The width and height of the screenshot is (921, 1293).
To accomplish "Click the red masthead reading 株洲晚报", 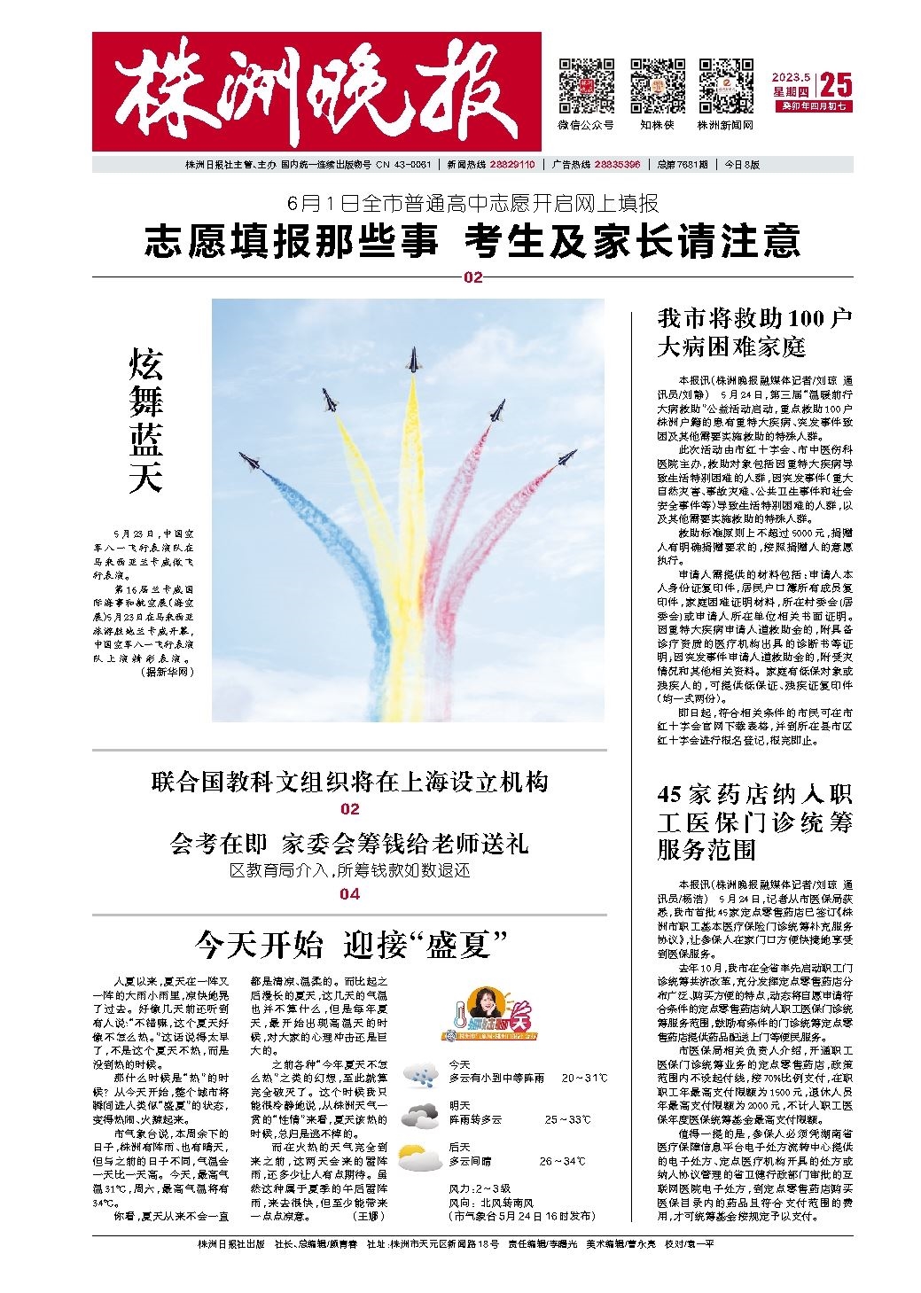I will pos(316,91).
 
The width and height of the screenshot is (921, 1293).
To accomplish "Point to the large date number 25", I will pos(836,85).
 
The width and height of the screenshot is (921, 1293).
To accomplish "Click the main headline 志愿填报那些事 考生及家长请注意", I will pos(472,241).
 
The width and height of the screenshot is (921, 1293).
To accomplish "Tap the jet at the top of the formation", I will pos(412,360).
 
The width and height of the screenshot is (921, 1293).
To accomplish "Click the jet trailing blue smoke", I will pos(249,462).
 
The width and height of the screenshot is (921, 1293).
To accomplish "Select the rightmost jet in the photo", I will pos(566,458).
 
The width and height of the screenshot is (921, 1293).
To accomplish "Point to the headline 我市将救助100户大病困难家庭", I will pos(754,331).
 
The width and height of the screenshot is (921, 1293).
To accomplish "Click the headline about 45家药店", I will pos(754,822).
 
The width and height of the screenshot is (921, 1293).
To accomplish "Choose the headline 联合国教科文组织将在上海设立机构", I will pos(349,782).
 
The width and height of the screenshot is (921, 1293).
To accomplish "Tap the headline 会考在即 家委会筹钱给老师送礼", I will pos(349,843).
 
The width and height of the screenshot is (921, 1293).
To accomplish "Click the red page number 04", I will pos(349,894).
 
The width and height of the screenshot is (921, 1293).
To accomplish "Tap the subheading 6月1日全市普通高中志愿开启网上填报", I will pos(472,204).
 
